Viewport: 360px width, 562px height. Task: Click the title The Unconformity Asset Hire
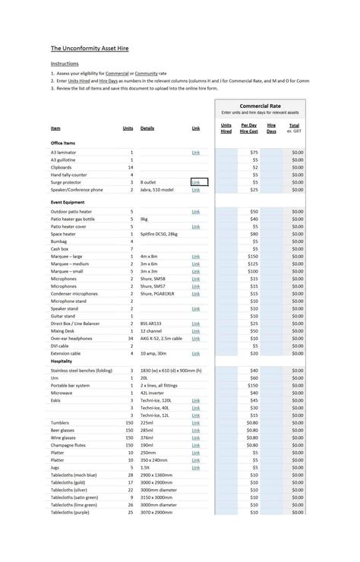click(x=90, y=48)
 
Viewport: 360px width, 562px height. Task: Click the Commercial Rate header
click(x=260, y=106)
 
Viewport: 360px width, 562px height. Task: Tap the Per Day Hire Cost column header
click(x=248, y=128)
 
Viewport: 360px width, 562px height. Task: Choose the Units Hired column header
click(x=226, y=128)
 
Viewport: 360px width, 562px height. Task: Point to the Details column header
click(x=147, y=128)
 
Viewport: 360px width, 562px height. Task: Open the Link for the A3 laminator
click(x=196, y=153)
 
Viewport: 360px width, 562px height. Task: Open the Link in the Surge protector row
click(x=196, y=182)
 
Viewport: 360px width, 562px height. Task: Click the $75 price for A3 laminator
click(x=254, y=153)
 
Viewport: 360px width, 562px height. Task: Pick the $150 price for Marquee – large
click(x=252, y=257)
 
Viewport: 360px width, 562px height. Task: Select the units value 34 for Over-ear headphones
click(x=131, y=338)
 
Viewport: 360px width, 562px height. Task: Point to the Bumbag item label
click(x=59, y=242)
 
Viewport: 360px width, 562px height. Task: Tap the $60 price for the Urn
click(x=254, y=377)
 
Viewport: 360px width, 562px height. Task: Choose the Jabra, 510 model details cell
click(x=157, y=190)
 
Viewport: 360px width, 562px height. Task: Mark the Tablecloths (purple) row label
click(x=75, y=512)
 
